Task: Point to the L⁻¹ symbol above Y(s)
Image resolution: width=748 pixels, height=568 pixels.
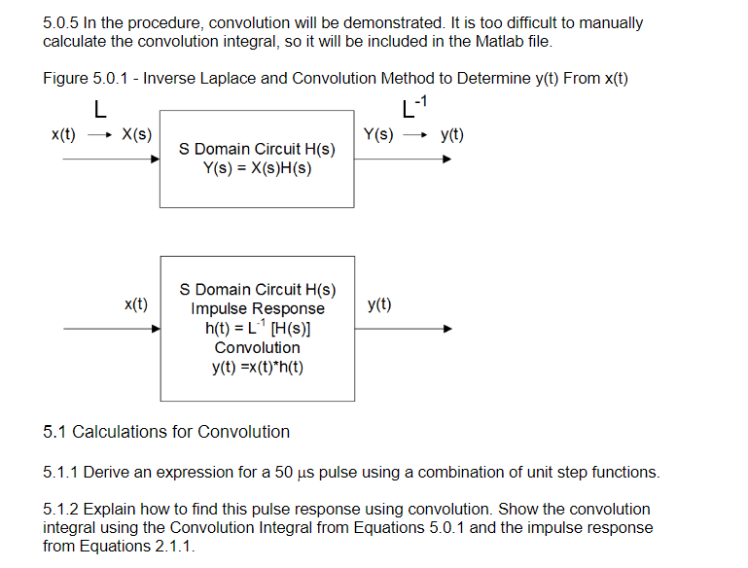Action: click(x=414, y=105)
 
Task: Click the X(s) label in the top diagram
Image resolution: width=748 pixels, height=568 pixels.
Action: click(x=136, y=134)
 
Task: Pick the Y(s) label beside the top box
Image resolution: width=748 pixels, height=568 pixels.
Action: click(x=378, y=134)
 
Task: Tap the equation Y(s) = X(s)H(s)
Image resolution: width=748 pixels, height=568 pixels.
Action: click(x=258, y=167)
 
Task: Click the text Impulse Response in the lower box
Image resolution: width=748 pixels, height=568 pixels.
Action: click(x=258, y=308)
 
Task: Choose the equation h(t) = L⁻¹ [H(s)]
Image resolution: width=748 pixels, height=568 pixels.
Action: click(x=258, y=328)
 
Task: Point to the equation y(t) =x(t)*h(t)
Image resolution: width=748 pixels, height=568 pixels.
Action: click(x=258, y=368)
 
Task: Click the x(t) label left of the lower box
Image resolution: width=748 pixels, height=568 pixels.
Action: click(x=136, y=304)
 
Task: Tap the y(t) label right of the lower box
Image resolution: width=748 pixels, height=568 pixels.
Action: click(x=380, y=304)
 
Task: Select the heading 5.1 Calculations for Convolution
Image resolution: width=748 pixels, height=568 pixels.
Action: click(x=166, y=432)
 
